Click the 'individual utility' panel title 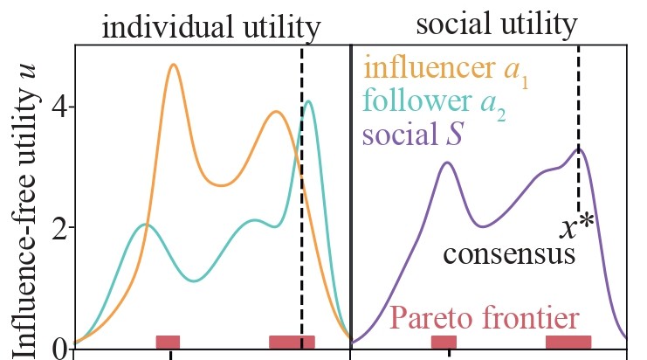[x=211, y=28]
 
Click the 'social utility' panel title [x=496, y=24]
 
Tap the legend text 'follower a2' [x=434, y=103]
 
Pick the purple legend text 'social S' [x=412, y=135]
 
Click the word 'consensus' [x=509, y=255]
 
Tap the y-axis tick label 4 [x=62, y=107]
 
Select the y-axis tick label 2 [x=62, y=228]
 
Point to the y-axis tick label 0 [x=62, y=349]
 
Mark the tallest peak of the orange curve [x=173, y=66]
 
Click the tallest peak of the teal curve [x=308, y=101]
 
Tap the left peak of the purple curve [x=446, y=163]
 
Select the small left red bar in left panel [x=168, y=342]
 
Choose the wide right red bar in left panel [x=292, y=342]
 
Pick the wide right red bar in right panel [x=568, y=342]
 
